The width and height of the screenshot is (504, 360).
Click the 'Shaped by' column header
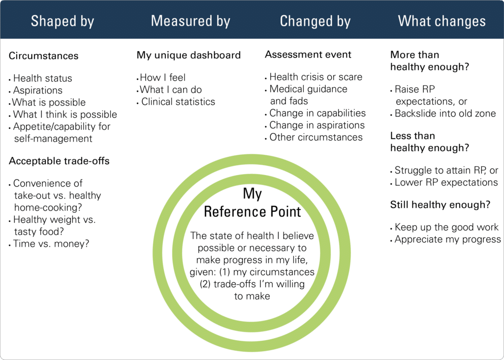point(63,22)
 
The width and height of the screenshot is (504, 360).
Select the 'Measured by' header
point(190,21)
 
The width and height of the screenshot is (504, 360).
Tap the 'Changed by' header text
point(315,22)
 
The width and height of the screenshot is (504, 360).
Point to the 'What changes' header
point(441,22)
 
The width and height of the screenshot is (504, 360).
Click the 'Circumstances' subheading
point(43,56)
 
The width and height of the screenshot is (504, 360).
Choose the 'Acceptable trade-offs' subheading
point(59,161)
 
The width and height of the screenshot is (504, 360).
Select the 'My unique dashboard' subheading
point(189,55)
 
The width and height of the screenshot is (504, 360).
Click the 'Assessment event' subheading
point(308,55)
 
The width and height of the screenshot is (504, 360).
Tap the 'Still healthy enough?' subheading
point(440,205)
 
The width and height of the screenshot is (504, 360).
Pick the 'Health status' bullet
point(43,78)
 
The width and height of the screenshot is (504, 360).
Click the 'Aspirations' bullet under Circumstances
point(38,90)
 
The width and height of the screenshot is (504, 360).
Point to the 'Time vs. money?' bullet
point(51,244)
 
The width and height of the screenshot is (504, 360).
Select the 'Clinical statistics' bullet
point(178,102)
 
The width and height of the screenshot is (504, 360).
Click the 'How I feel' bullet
point(162,78)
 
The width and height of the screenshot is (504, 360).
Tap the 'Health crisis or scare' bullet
point(315,77)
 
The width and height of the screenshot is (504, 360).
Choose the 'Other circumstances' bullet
point(316,137)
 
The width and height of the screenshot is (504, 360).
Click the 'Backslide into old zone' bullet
point(445,114)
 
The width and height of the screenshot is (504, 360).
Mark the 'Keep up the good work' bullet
point(446,227)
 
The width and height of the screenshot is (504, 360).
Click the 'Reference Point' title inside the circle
point(252,212)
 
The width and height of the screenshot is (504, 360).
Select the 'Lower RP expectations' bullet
point(446,182)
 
